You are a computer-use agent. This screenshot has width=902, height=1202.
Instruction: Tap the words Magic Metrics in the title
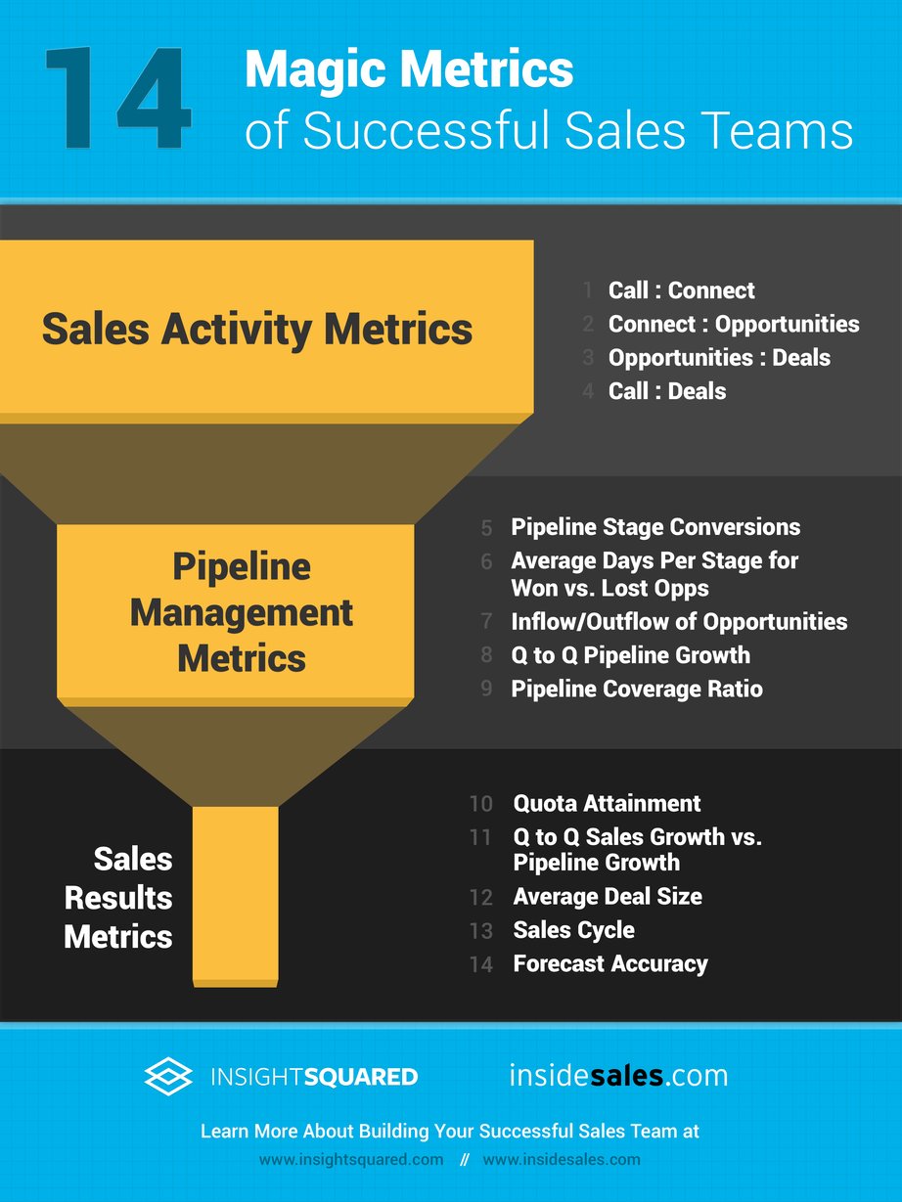click(x=409, y=71)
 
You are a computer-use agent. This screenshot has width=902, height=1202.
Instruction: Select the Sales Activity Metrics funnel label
click(x=257, y=330)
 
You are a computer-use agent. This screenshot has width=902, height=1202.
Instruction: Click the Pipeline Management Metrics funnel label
click(x=242, y=612)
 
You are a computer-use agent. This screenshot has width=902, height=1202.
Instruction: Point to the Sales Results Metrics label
click(x=118, y=898)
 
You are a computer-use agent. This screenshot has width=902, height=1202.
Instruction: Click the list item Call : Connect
click(x=681, y=290)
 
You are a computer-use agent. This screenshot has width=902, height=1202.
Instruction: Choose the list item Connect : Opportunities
click(x=734, y=324)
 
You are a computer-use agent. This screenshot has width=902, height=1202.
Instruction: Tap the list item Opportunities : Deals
click(x=719, y=357)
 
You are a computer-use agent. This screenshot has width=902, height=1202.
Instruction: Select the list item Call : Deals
click(x=667, y=391)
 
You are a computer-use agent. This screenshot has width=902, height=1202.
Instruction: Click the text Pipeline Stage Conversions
click(x=655, y=527)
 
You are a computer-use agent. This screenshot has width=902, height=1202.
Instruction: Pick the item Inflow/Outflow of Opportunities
click(x=679, y=622)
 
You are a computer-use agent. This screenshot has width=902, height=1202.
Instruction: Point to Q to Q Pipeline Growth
click(x=630, y=655)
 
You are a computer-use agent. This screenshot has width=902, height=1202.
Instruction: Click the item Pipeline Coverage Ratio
click(x=637, y=689)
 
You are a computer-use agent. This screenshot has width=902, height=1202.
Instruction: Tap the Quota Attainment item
click(x=607, y=804)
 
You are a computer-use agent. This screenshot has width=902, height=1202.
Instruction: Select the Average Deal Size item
click(x=608, y=897)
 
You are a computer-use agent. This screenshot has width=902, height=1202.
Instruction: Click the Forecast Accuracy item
click(x=610, y=963)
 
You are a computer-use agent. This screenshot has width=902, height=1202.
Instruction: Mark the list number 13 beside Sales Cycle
click(x=480, y=930)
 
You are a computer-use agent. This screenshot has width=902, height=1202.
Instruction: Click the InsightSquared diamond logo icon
click(x=168, y=1077)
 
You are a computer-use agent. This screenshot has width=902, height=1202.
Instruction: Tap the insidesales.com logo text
click(x=618, y=1076)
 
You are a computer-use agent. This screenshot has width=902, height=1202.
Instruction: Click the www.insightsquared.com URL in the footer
click(x=351, y=1160)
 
